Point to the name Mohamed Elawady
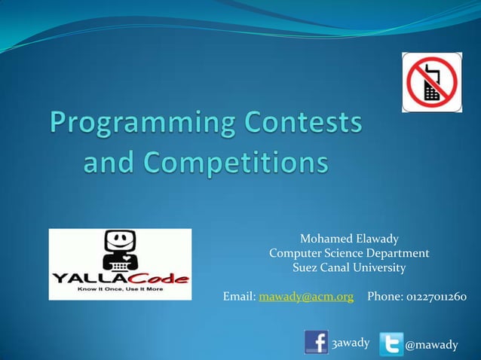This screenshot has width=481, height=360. pyautogui.click(x=348, y=239)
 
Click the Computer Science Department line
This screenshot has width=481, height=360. pyautogui.click(x=348, y=253)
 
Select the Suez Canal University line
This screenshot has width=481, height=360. pyautogui.click(x=348, y=267)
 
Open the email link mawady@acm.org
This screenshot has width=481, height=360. pyautogui.click(x=306, y=297)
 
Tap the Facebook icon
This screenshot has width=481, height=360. pyautogui.click(x=316, y=341)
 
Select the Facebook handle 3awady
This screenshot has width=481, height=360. pyautogui.click(x=351, y=343)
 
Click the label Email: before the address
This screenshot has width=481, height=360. pyautogui.click(x=239, y=297)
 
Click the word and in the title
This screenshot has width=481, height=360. pyautogui.click(x=109, y=162)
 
